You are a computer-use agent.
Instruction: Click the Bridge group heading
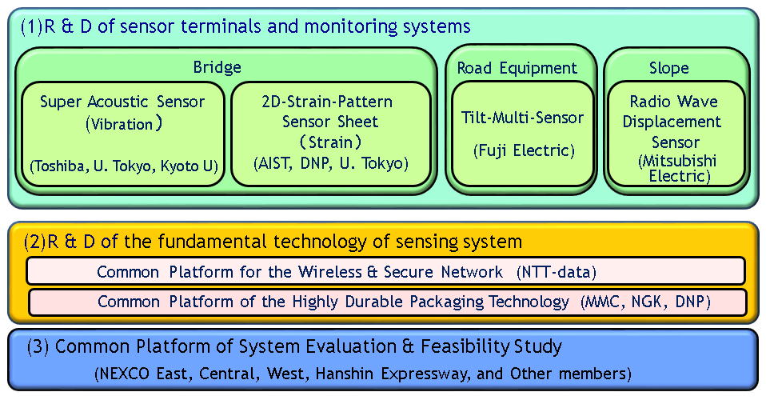[x=217, y=67]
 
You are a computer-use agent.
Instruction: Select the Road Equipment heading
[x=517, y=68]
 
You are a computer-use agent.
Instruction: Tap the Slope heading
[x=669, y=68]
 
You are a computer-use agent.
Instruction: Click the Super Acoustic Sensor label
[x=122, y=102]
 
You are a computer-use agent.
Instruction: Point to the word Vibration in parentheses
[x=122, y=125]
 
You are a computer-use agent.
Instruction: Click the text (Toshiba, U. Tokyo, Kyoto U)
[x=124, y=166]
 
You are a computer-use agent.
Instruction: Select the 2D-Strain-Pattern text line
[x=327, y=102]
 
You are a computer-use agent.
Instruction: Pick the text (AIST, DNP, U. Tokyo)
[x=330, y=163]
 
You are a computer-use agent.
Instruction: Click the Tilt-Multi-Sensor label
[x=523, y=118]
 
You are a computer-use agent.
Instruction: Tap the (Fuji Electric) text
[x=523, y=150]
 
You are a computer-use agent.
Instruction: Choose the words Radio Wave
[x=673, y=102]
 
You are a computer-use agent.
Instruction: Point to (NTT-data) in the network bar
[x=557, y=272]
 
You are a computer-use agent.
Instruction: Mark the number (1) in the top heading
[x=31, y=26]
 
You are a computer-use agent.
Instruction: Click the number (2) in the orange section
[x=31, y=242]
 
